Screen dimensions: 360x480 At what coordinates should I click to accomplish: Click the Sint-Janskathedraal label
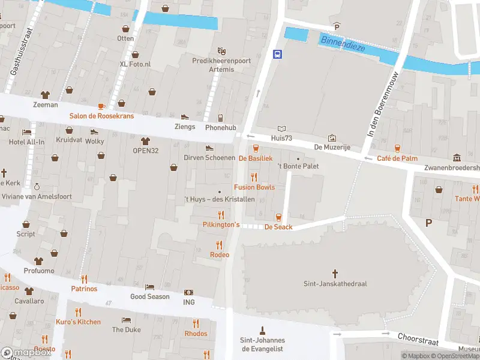pos(335,284)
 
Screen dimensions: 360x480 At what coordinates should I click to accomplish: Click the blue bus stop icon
pos(278,54)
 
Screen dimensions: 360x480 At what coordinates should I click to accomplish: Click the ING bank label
pos(189,302)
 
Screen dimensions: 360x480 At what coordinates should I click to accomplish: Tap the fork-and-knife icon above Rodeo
pos(219,245)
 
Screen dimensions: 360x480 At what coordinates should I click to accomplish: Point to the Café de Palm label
pos(397,158)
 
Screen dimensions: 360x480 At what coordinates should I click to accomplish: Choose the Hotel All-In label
pos(27,142)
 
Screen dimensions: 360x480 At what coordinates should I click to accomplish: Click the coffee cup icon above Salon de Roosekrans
pos(101,106)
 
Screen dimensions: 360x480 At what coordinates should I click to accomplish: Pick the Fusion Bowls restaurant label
pos(254,187)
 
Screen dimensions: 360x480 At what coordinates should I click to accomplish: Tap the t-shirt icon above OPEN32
pos(145,140)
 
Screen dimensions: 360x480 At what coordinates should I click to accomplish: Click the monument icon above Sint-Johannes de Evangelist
pos(262,329)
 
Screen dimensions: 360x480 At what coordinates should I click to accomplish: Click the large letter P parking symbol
pos(428,223)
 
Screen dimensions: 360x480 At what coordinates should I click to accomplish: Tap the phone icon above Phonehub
pos(220,118)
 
